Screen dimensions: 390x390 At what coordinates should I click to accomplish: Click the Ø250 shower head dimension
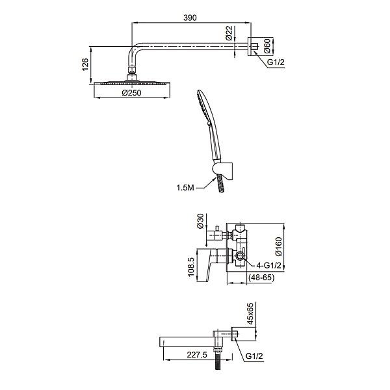133,94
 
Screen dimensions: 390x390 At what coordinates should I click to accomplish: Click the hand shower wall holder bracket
222,170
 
